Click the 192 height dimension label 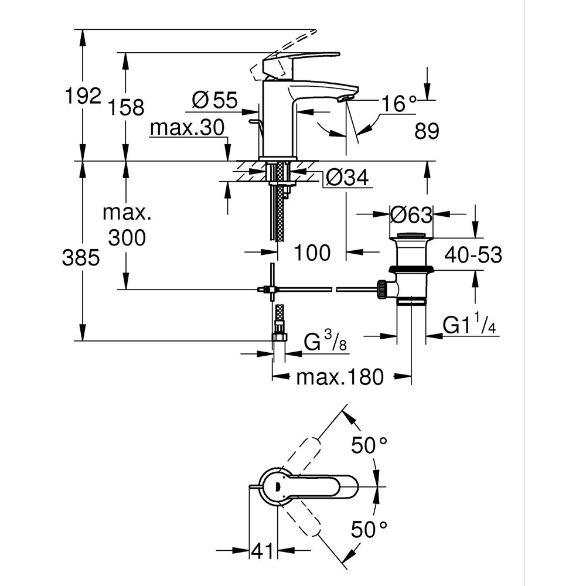83,96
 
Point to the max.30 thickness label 187,128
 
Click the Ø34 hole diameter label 347,177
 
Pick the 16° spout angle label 400,104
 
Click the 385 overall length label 81,258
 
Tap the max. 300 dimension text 126,225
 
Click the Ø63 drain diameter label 411,215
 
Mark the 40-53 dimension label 473,255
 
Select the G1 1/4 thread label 469,326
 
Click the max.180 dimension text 339,376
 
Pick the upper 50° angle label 370,445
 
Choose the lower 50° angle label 370,530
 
